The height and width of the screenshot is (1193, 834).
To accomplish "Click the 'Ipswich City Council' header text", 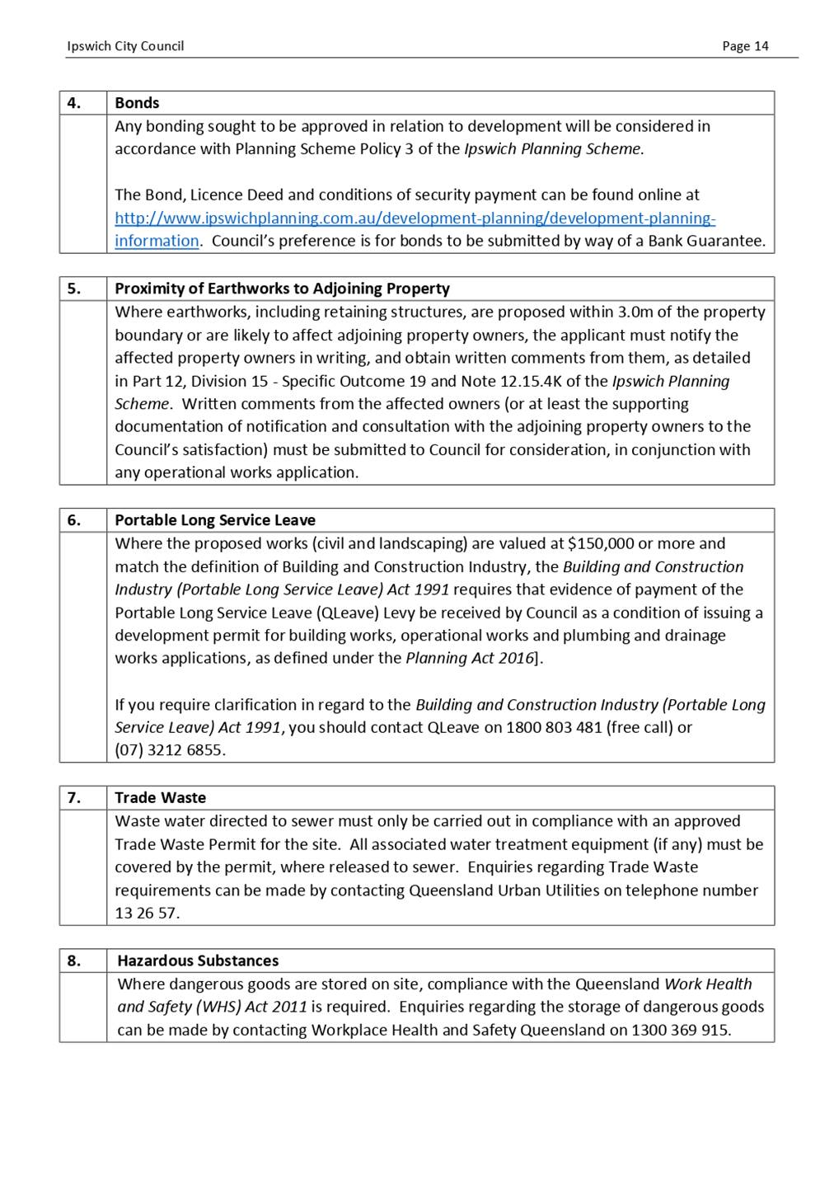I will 125,46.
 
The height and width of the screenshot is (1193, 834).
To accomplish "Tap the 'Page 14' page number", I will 745,46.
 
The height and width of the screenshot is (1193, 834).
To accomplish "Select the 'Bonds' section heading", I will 137,103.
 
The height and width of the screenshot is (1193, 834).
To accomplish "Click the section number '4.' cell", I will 74,103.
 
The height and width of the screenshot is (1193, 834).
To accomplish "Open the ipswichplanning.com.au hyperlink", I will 415,218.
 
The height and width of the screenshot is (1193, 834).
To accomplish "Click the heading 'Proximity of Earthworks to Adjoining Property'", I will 282,289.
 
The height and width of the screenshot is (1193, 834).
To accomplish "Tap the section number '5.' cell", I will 74,289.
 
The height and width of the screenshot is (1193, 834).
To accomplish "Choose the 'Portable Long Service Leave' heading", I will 215,520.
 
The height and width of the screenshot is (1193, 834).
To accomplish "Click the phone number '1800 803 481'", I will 554,728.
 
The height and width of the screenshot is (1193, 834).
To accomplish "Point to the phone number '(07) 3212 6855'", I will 169,750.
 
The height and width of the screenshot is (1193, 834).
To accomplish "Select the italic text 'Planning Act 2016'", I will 470,659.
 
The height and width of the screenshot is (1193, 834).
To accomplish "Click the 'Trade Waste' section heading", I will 160,798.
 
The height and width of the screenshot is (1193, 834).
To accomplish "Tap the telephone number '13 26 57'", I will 146,914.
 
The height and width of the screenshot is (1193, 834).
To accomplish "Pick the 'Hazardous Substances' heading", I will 198,961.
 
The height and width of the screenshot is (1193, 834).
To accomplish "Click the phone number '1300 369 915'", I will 680,1031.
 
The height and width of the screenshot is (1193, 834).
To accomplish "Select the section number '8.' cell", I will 74,961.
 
